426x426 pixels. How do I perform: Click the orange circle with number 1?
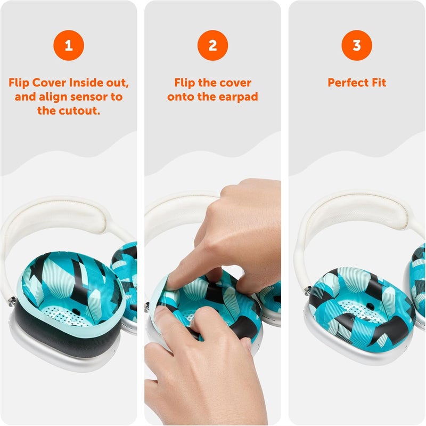pyautogui.click(x=68, y=46)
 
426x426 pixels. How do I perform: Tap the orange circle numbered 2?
pyautogui.click(x=212, y=46)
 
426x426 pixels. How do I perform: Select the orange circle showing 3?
pyautogui.click(x=357, y=46)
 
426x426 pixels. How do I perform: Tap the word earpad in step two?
pyautogui.click(x=240, y=97)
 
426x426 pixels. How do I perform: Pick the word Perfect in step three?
pyautogui.click(x=346, y=83)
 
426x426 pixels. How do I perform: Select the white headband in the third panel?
pyautogui.click(x=351, y=213)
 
